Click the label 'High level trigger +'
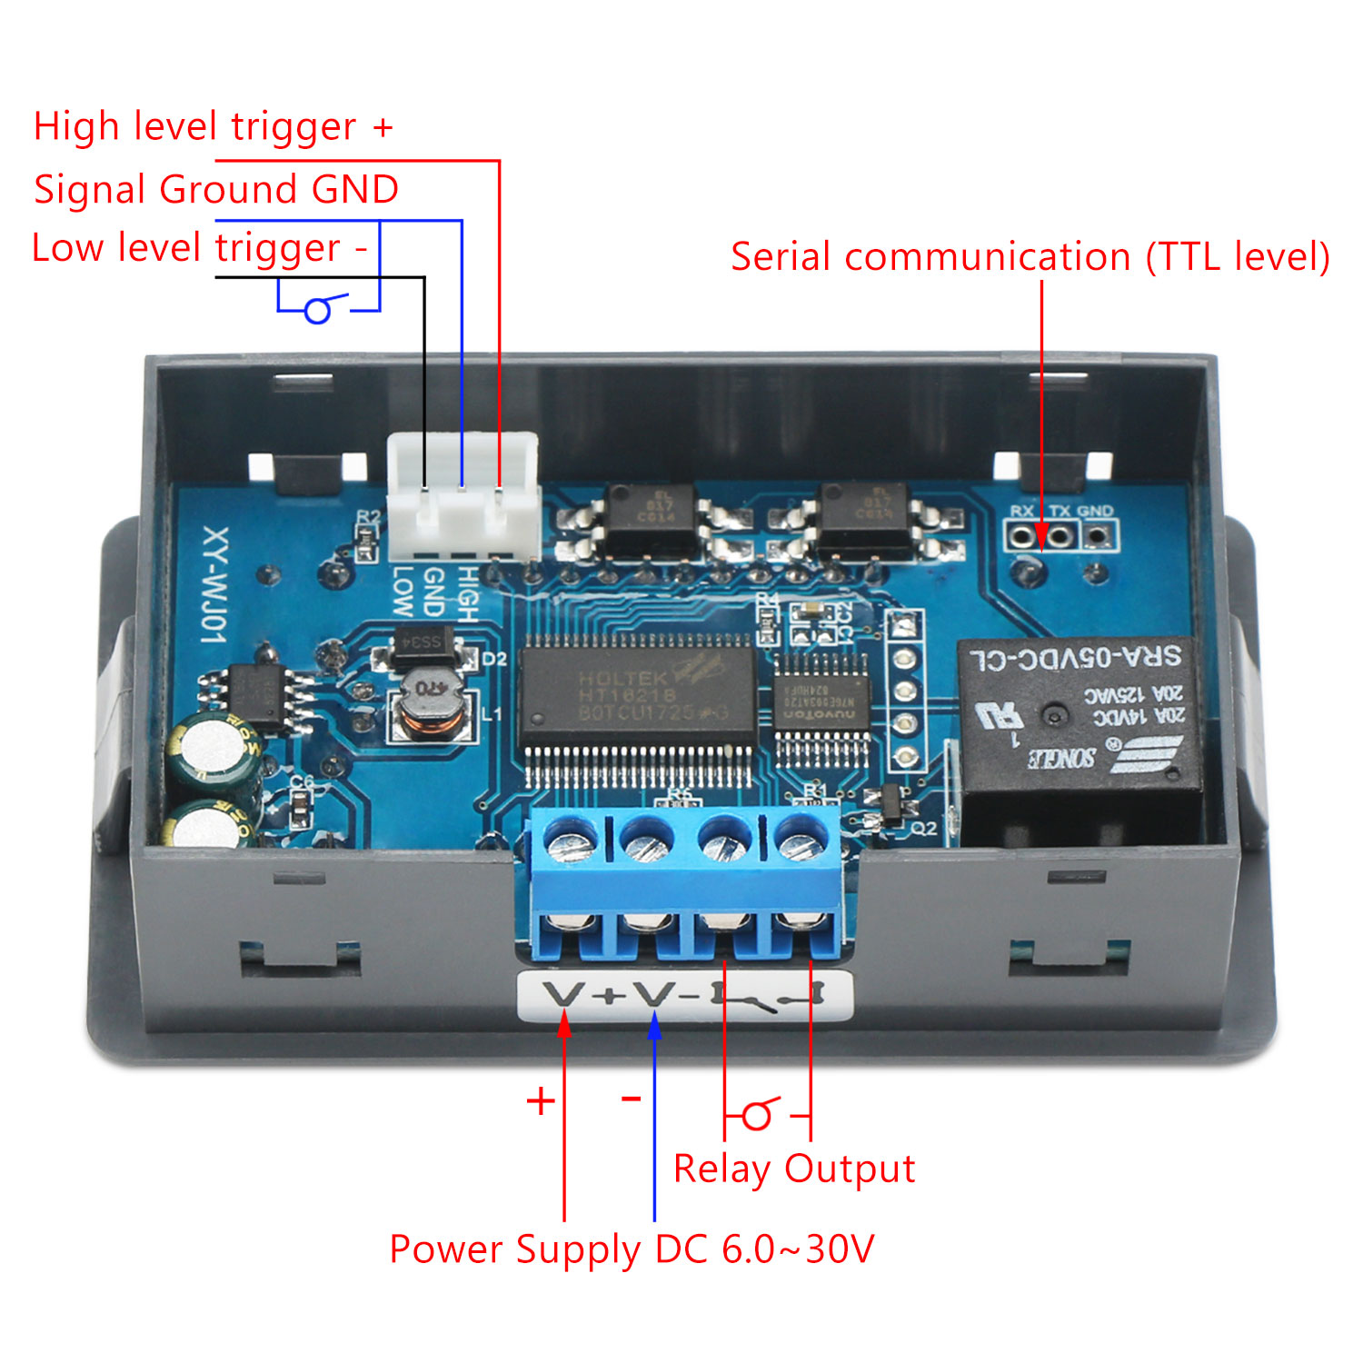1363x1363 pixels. tap(213, 126)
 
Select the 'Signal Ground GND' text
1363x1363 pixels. tap(216, 189)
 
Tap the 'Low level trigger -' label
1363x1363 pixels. tap(199, 247)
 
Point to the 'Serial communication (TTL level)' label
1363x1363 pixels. tap(1030, 256)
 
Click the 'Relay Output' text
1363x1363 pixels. tap(793, 1168)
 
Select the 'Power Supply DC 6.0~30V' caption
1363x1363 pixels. tap(632, 1249)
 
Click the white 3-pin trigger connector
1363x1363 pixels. tap(463, 495)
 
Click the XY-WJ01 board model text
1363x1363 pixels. tap(214, 586)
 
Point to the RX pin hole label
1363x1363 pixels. tap(1021, 512)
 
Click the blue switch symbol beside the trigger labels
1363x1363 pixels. tap(318, 309)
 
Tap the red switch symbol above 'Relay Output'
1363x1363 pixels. tap(760, 1113)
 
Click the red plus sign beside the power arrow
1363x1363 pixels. tap(541, 1101)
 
